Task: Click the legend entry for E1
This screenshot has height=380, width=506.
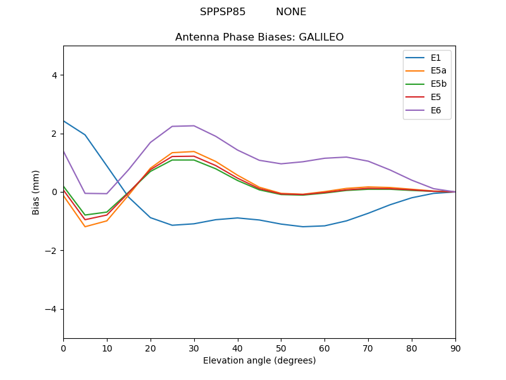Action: (436, 58)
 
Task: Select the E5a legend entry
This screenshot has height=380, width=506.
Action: (438, 71)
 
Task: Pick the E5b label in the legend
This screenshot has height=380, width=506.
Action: (438, 84)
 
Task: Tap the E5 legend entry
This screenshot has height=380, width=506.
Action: (436, 98)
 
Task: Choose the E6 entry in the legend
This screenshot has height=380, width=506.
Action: (436, 111)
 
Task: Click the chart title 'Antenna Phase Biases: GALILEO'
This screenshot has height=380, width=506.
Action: (259, 37)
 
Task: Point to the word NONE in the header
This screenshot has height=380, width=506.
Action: (291, 12)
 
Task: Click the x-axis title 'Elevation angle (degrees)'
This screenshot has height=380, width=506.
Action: (259, 360)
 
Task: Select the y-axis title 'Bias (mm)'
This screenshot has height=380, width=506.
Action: (36, 192)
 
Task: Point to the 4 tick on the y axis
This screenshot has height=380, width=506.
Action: (54, 75)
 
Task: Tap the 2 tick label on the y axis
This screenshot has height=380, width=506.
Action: (54, 134)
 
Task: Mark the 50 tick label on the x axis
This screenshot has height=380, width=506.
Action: (281, 348)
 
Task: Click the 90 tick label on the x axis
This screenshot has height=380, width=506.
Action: (455, 348)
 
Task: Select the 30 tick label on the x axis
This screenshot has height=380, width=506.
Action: (194, 348)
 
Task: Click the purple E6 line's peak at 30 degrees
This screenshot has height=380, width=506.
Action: (194, 125)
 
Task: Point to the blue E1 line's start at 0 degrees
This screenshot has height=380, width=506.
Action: (64, 121)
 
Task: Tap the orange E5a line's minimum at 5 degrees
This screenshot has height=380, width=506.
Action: (85, 227)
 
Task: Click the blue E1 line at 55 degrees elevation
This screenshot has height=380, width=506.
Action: (303, 227)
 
